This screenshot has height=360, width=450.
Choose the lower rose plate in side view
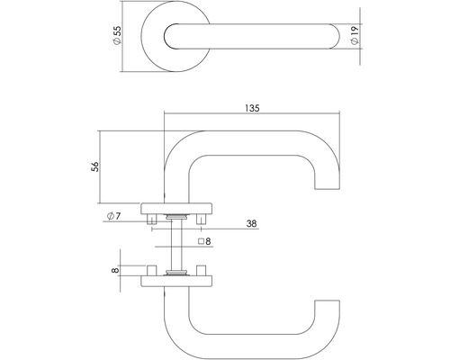[176, 279]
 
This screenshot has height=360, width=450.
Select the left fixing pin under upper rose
[153, 218]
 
